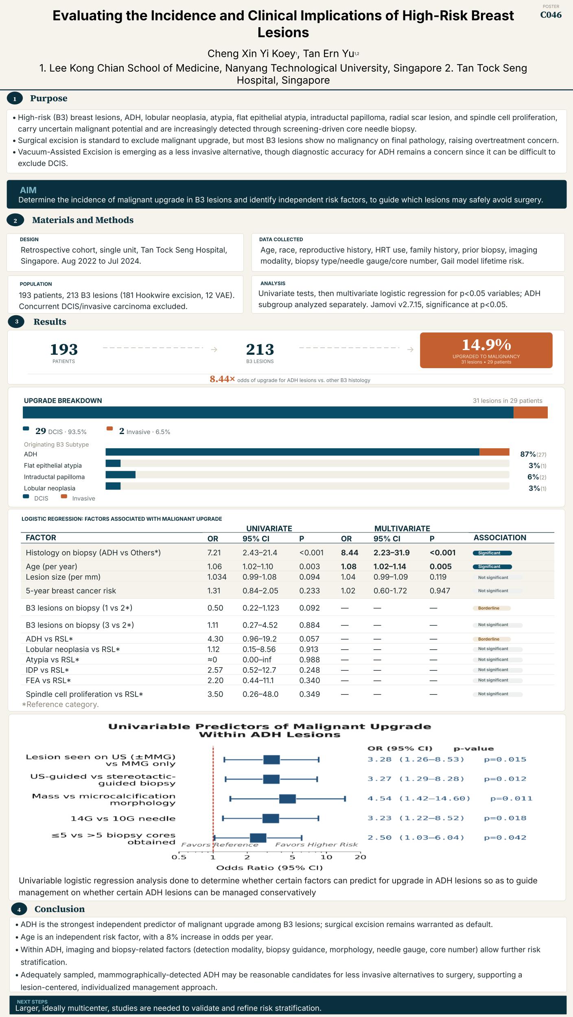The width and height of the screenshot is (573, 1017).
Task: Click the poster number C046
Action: pyautogui.click(x=551, y=15)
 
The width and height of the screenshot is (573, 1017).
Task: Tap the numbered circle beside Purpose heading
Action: pyautogui.click(x=15, y=98)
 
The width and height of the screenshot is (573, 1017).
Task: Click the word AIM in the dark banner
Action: pyautogui.click(x=28, y=190)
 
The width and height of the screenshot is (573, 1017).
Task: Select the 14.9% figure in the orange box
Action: pyautogui.click(x=486, y=345)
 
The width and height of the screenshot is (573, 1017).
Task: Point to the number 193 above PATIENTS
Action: pyautogui.click(x=64, y=349)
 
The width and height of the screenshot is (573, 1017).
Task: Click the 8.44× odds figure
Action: pyautogui.click(x=222, y=379)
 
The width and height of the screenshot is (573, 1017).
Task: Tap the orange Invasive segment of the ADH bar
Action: pyautogui.click(x=494, y=452)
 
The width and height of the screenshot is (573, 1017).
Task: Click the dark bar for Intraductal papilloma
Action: pyautogui.click(x=120, y=475)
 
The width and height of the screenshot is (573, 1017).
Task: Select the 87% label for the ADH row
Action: pyautogui.click(x=528, y=454)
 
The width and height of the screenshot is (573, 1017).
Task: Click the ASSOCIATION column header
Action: pyautogui.click(x=500, y=537)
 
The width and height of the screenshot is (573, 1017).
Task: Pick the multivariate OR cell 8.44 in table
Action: pyautogui.click(x=350, y=552)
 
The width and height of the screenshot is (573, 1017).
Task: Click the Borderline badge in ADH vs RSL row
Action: pyautogui.click(x=492, y=639)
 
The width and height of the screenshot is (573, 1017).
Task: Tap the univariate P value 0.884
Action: pyautogui.click(x=309, y=625)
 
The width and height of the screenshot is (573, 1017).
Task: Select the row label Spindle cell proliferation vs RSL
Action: pyautogui.click(x=84, y=694)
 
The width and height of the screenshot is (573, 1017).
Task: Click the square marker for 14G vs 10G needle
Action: pyautogui.click(x=271, y=818)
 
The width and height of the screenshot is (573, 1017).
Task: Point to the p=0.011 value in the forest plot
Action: pyautogui.click(x=511, y=798)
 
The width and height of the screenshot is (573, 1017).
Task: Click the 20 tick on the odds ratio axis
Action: pyautogui.click(x=361, y=857)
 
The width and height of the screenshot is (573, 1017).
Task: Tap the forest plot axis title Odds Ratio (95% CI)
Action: pyautogui.click(x=269, y=868)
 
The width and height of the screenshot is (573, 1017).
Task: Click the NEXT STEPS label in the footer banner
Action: pyautogui.click(x=32, y=1002)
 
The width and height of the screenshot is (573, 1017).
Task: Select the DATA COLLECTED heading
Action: pyautogui.click(x=281, y=240)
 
